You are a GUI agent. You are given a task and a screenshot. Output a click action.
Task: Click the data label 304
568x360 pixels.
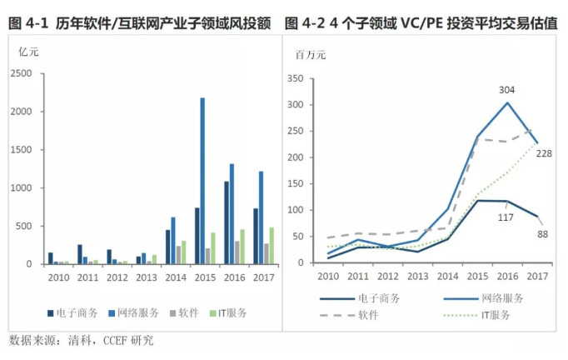tap(507, 89)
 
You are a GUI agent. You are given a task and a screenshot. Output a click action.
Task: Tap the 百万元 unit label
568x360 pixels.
tap(311, 55)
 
